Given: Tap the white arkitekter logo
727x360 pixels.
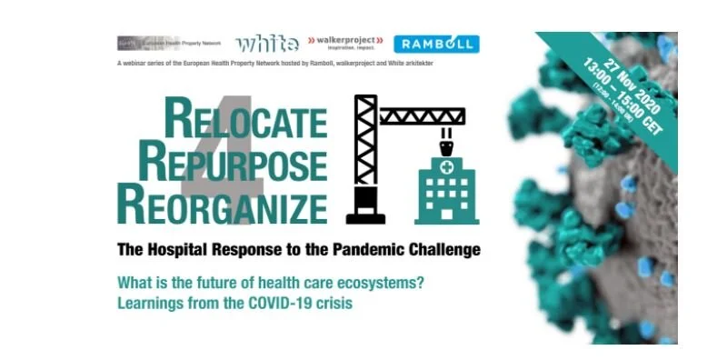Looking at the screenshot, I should pyautogui.click(x=266, y=44).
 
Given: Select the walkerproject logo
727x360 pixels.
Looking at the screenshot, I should pyautogui.click(x=345, y=43).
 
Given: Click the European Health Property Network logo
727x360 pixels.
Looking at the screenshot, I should pyautogui.click(x=169, y=44).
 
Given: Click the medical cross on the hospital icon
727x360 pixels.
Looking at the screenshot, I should pyautogui.click(x=445, y=167).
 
